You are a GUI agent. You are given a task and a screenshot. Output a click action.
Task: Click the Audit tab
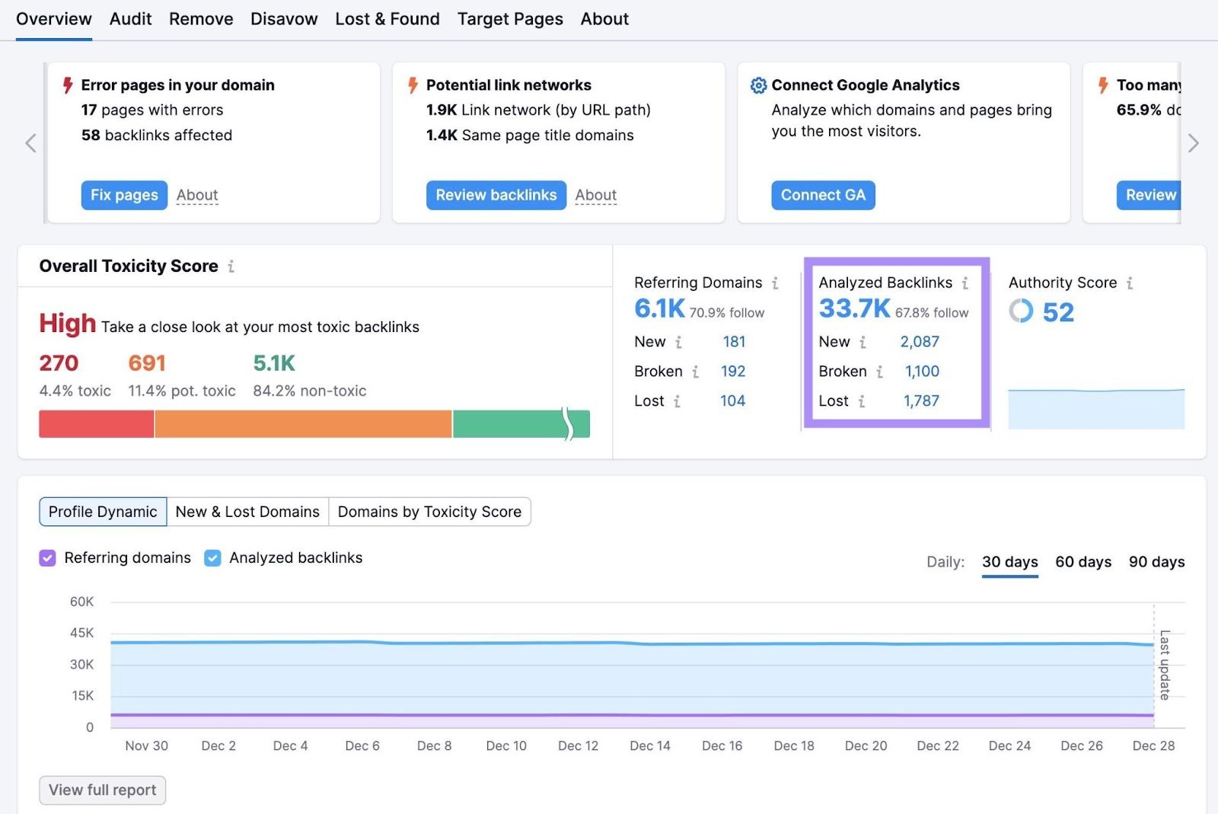pyautogui.click(x=130, y=19)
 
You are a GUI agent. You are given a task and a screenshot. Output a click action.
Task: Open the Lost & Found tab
pyautogui.click(x=387, y=19)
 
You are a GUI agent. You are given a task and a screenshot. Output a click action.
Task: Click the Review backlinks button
pyautogui.click(x=496, y=195)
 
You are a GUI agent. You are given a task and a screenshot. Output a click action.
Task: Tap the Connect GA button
pyautogui.click(x=822, y=195)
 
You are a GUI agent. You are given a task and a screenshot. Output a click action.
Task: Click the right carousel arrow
pyautogui.click(x=1193, y=143)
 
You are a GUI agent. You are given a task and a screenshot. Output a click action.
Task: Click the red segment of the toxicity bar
pyautogui.click(x=96, y=424)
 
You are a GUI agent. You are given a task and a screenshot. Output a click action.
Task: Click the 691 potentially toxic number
pyautogui.click(x=147, y=363)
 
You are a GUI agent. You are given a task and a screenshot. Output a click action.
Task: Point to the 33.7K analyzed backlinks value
pyautogui.click(x=853, y=308)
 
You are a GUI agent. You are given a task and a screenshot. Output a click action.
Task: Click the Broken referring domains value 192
pyautogui.click(x=732, y=372)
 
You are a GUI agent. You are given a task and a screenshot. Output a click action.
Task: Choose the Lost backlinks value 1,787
pyautogui.click(x=921, y=401)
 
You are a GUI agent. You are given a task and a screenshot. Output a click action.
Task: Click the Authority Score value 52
pyautogui.click(x=1057, y=312)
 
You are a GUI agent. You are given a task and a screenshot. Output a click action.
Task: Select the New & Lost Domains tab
pyautogui.click(x=247, y=512)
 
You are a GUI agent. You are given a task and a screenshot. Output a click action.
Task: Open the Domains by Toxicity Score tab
pyautogui.click(x=429, y=512)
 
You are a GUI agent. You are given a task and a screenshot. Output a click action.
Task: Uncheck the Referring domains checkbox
pyautogui.click(x=47, y=558)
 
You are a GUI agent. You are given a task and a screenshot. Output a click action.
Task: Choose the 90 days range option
pyautogui.click(x=1156, y=562)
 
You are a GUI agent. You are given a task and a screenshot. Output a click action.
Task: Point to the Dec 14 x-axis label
pyautogui.click(x=649, y=745)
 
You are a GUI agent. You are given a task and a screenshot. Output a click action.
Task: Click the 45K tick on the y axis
pyautogui.click(x=81, y=633)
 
